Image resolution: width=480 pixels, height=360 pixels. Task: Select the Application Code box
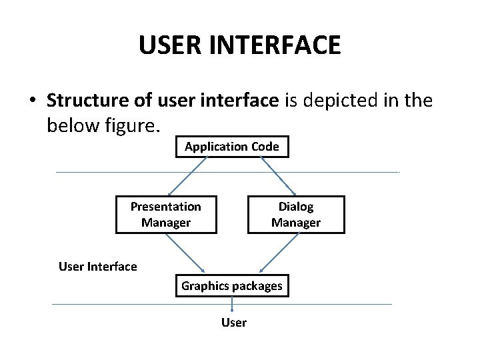[x=232, y=147]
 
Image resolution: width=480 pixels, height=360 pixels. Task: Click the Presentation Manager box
[x=166, y=215]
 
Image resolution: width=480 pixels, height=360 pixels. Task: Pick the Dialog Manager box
[x=296, y=215]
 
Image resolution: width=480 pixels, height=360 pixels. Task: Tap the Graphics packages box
[x=232, y=287]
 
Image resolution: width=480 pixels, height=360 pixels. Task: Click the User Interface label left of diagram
[x=98, y=267]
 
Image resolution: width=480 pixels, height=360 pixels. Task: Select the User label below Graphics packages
[x=234, y=323]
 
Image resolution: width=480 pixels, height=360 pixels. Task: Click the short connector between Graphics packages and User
[x=232, y=304]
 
